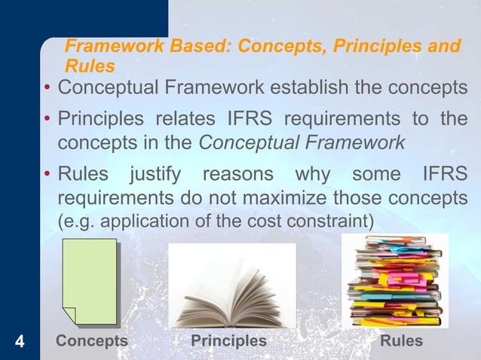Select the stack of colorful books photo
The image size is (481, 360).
pos(394,281)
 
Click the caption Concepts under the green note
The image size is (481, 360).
pos(92,341)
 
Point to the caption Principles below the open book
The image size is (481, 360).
pos(228,341)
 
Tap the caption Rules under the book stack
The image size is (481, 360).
pos(402,341)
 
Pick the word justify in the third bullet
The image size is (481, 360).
pos(155,176)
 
